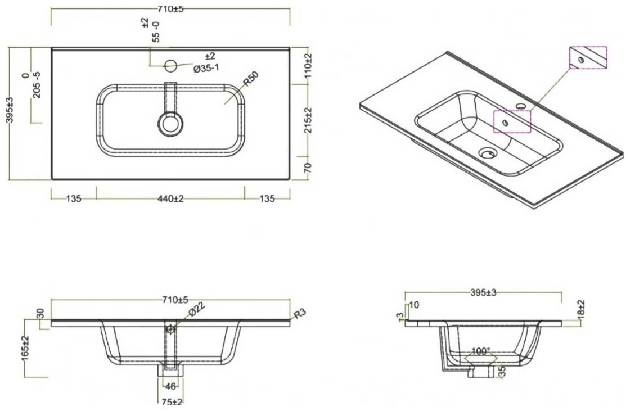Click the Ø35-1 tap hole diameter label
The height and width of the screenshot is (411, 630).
click(x=206, y=69)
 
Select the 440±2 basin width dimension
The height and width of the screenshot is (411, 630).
click(x=171, y=198)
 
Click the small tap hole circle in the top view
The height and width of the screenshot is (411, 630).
click(x=170, y=66)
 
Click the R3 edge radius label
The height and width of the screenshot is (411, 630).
click(x=299, y=314)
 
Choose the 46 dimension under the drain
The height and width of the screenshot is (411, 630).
click(x=169, y=385)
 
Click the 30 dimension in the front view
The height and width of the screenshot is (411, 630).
click(x=40, y=314)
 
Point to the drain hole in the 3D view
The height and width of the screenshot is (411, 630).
click(x=487, y=152)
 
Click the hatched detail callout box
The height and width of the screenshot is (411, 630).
click(x=588, y=58)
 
